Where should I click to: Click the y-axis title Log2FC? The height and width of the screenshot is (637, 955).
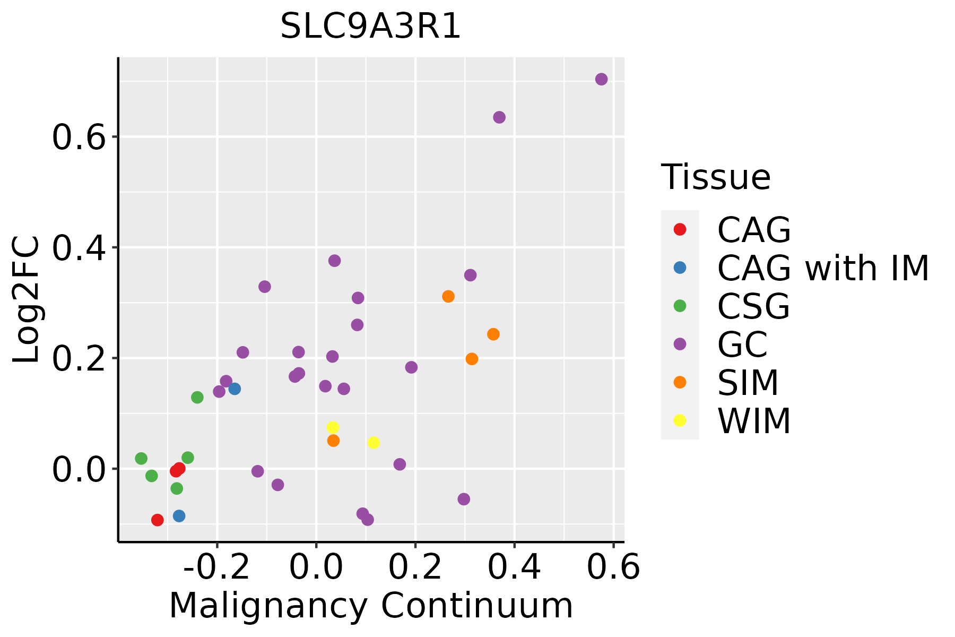coord(27,299)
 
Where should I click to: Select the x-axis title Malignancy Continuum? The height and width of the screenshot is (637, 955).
coord(371,606)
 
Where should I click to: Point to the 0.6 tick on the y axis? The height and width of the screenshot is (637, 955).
coord(85,137)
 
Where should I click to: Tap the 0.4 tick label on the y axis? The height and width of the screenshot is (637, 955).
coord(85,248)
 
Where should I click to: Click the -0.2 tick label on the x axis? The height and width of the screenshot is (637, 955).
coord(216,567)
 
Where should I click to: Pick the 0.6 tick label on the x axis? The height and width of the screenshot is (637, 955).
coord(613,567)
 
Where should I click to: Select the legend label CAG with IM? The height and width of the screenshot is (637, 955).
coord(823,268)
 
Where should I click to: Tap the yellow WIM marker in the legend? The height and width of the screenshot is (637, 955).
coord(680,420)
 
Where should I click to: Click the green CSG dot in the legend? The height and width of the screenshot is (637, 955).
coord(680,306)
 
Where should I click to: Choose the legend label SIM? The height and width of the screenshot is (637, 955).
coord(748,383)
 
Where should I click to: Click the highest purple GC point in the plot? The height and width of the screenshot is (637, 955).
coord(601,79)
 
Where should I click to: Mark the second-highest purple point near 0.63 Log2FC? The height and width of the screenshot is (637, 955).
coord(499,117)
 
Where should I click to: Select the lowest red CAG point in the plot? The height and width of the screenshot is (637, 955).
coord(157,520)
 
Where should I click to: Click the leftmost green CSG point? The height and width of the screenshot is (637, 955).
coord(141,458)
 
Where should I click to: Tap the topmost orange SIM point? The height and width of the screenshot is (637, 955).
coord(448,296)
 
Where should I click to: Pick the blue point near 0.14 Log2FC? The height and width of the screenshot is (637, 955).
coord(235,389)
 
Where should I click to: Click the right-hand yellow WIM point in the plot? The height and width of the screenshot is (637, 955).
coord(374,443)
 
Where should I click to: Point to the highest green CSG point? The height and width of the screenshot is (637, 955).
coord(197,397)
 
